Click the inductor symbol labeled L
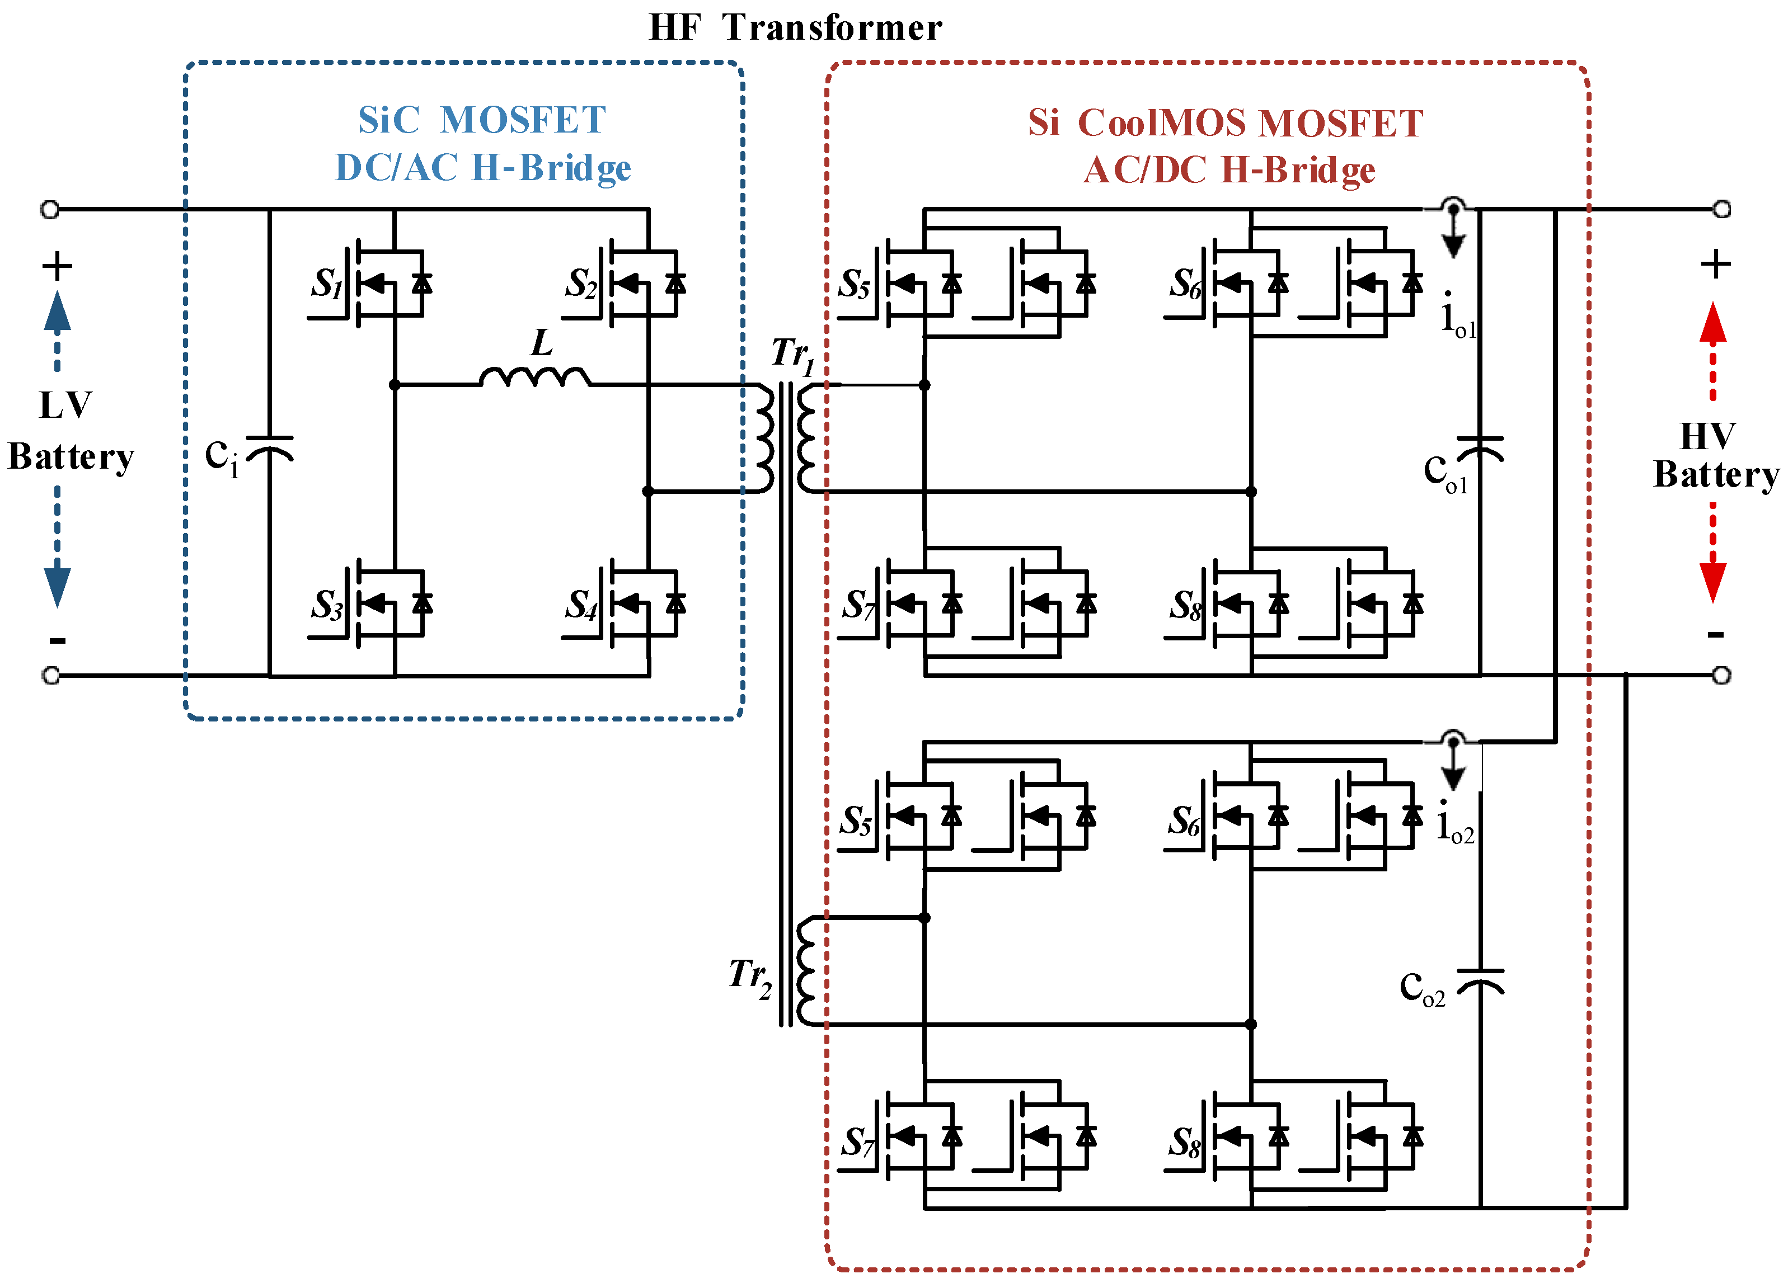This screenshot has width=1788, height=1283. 536,378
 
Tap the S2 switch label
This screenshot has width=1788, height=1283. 581,283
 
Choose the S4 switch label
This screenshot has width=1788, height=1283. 581,605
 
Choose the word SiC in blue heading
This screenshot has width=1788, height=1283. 389,121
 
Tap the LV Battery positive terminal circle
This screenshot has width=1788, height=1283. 50,209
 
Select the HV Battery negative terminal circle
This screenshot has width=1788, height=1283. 1722,674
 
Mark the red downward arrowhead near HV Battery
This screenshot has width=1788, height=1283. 1712,583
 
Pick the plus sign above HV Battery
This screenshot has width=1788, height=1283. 1715,264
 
